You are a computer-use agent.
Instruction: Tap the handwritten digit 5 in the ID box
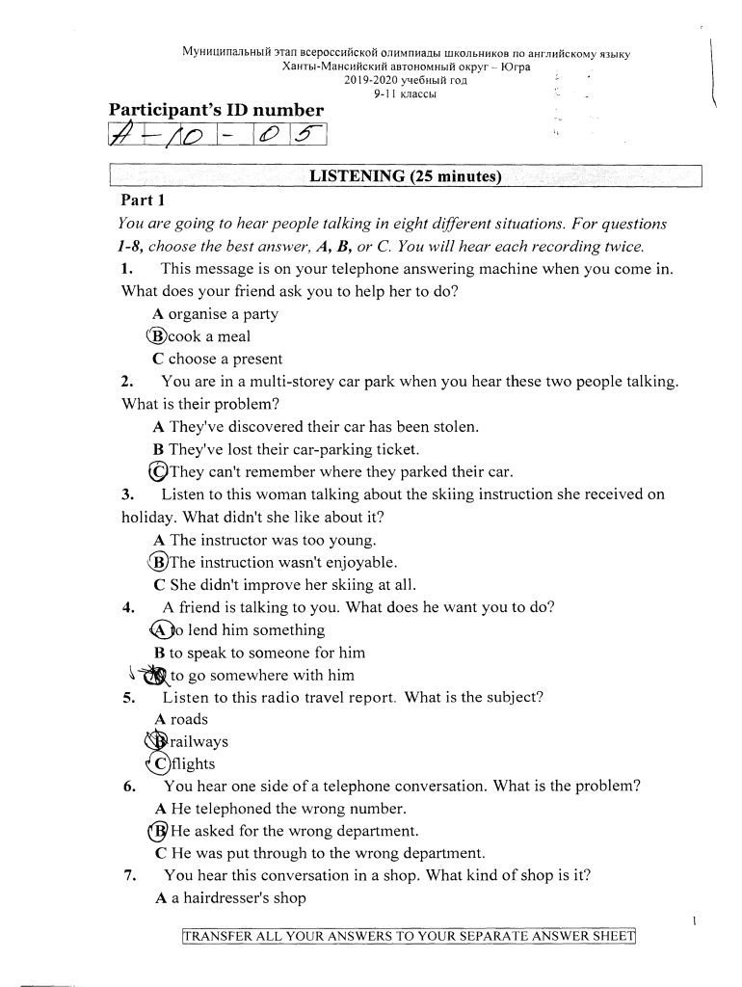[300, 141]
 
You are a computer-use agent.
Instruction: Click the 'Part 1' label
[144, 200]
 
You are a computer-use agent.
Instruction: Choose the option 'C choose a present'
[217, 360]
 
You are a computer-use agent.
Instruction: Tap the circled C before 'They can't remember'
[158, 472]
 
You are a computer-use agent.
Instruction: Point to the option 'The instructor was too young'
[264, 541]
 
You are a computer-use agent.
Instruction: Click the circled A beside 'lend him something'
[162, 630]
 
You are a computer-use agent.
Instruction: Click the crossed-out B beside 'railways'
[156, 742]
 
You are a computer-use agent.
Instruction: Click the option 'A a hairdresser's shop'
[229, 898]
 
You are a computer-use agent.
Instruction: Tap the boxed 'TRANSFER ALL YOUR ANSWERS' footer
[410, 937]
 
